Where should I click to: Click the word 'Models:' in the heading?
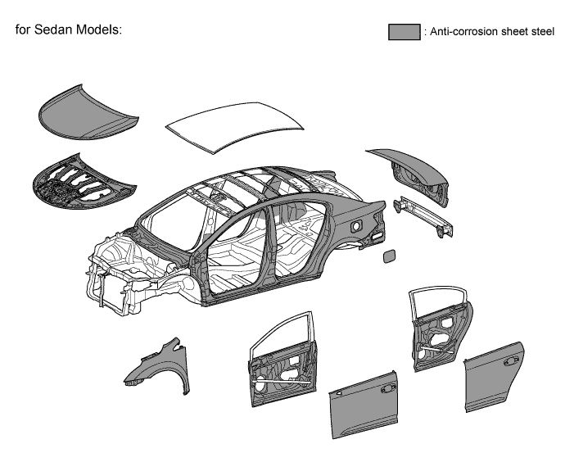(x=100, y=29)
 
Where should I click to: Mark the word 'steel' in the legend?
(x=541, y=33)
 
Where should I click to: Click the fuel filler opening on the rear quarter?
(x=358, y=224)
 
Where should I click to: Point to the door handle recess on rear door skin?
(x=513, y=357)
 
